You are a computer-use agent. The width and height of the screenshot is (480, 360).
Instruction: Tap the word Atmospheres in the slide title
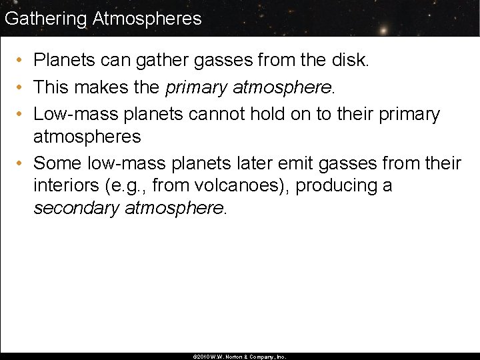(x=147, y=19)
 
